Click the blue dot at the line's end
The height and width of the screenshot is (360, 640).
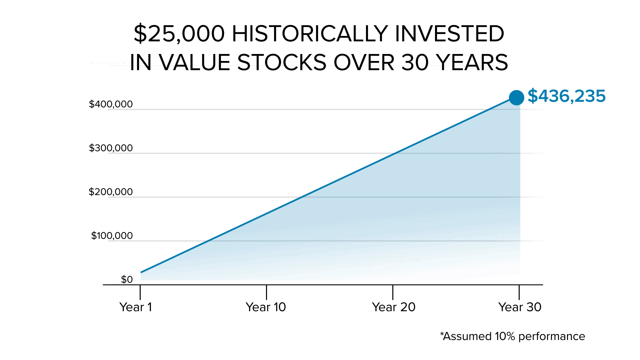click(516, 98)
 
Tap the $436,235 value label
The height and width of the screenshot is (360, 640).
click(566, 96)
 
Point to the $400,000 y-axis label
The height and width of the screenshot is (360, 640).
click(111, 104)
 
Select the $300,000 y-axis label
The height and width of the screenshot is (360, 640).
click(111, 148)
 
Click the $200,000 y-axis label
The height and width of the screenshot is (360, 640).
click(111, 192)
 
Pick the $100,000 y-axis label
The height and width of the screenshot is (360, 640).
click(112, 236)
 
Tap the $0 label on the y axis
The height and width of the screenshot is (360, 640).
click(127, 279)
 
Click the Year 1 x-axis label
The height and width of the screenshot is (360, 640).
click(136, 307)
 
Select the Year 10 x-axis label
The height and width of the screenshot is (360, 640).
click(266, 307)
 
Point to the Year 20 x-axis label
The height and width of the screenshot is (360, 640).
click(394, 307)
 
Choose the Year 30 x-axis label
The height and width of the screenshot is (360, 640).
click(520, 307)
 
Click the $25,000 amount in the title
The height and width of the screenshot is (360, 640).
click(179, 34)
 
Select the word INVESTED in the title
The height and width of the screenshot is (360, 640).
click(449, 34)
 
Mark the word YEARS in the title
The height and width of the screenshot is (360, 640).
click(472, 63)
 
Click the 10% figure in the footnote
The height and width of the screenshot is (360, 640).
click(505, 336)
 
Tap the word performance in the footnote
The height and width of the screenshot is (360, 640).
click(552, 337)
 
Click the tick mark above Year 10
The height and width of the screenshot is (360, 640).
click(266, 292)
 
